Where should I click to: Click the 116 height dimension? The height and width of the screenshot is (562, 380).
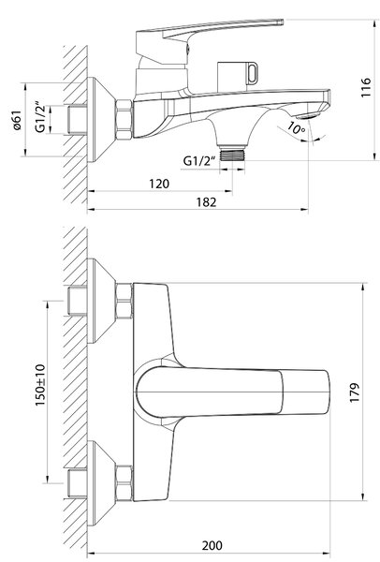coord(365,87)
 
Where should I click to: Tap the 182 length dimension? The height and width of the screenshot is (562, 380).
coord(206,202)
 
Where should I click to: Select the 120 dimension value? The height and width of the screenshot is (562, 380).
coord(159,184)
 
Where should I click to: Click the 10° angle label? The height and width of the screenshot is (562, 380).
coord(297,128)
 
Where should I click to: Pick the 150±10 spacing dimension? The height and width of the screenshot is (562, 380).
coord(40,385)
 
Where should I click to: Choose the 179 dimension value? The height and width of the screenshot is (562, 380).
coord(354,392)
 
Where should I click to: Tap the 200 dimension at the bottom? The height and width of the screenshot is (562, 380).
coord(212,545)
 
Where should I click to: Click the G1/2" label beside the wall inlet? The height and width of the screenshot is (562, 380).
coord(40,118)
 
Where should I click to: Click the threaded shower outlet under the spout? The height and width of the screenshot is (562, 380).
coord(232,153)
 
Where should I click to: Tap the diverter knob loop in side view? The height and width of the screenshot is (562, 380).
coord(252,73)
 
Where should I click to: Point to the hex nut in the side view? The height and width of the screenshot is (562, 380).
coord(124,119)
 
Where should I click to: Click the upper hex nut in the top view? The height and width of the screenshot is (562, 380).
coord(124,301)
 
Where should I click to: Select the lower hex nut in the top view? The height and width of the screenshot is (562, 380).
coord(124,482)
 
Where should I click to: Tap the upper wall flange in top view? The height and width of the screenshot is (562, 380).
coord(102,301)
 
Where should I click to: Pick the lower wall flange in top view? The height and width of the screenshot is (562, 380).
coord(102,483)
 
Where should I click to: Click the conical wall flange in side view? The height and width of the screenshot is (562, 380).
coord(102,119)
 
